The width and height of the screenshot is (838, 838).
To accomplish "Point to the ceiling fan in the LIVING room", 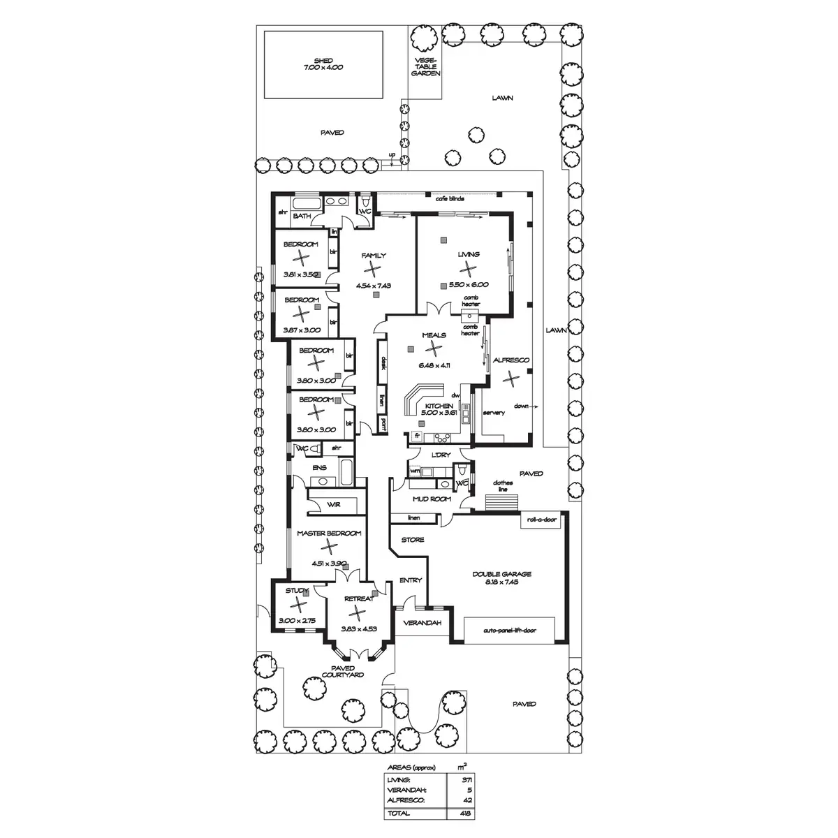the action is pos(469,267).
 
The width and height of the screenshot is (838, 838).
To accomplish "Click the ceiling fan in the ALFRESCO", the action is pos(512,378).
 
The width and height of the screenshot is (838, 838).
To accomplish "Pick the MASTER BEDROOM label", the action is pos(328,534).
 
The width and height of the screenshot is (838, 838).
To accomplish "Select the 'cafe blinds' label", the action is pos(450,199).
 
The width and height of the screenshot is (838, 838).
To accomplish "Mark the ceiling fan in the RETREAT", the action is pos(357,612).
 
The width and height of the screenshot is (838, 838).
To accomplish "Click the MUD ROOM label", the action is pos(431,499).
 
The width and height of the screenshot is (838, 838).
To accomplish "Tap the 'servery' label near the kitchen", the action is pos(493,413).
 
